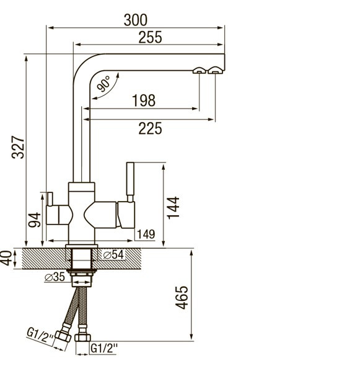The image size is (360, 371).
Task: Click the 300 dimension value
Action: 136,20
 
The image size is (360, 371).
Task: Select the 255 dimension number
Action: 150,37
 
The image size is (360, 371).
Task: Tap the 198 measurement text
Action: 144,101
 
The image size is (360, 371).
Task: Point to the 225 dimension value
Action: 150,128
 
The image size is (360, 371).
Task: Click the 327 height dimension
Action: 18,147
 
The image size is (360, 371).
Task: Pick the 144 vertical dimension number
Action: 173,208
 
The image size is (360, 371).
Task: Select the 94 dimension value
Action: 34,220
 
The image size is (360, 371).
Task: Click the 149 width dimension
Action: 146,235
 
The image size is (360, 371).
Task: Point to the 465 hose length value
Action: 182,297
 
